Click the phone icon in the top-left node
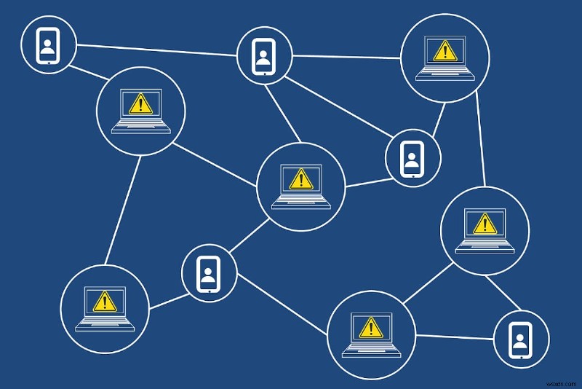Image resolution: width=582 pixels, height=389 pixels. pyautogui.click(x=48, y=45)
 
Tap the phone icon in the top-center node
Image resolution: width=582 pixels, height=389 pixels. pyautogui.click(x=264, y=54)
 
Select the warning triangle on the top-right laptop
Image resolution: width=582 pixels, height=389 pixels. pyautogui.click(x=442, y=51)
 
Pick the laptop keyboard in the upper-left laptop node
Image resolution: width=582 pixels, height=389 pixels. pyautogui.click(x=140, y=125)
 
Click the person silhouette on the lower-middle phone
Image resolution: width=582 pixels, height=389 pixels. pyautogui.click(x=209, y=273)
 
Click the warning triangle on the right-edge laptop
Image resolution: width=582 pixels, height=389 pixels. pyautogui.click(x=484, y=223)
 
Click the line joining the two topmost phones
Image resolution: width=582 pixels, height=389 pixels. pyautogui.click(x=156, y=50)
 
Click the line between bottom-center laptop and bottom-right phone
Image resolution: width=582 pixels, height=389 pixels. pyautogui.click(x=455, y=337)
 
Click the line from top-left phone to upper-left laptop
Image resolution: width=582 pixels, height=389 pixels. pyautogui.click(x=88, y=75)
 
